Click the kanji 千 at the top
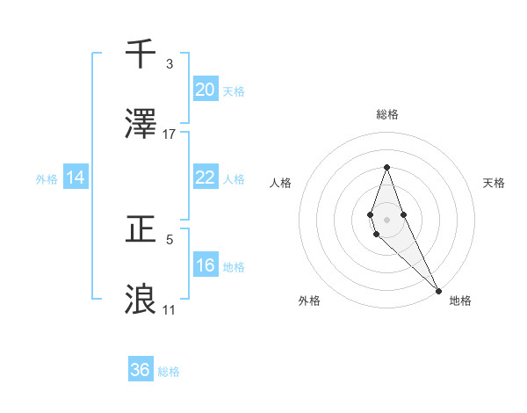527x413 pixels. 141,54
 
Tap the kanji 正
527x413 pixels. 141,230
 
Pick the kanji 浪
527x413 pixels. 141,299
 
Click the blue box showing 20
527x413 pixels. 205,89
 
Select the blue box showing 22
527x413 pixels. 205,178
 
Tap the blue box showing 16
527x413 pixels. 205,265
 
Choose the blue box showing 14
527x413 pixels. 76,178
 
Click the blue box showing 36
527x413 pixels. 141,370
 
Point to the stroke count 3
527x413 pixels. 170,64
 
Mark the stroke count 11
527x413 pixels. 169,309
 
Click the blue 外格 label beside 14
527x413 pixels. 47,179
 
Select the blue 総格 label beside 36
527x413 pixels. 169,372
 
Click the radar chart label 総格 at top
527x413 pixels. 387,114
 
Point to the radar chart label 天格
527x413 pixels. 495,183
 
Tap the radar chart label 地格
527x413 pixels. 460,301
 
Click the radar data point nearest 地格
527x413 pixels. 438,289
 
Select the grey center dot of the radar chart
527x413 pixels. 387,220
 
